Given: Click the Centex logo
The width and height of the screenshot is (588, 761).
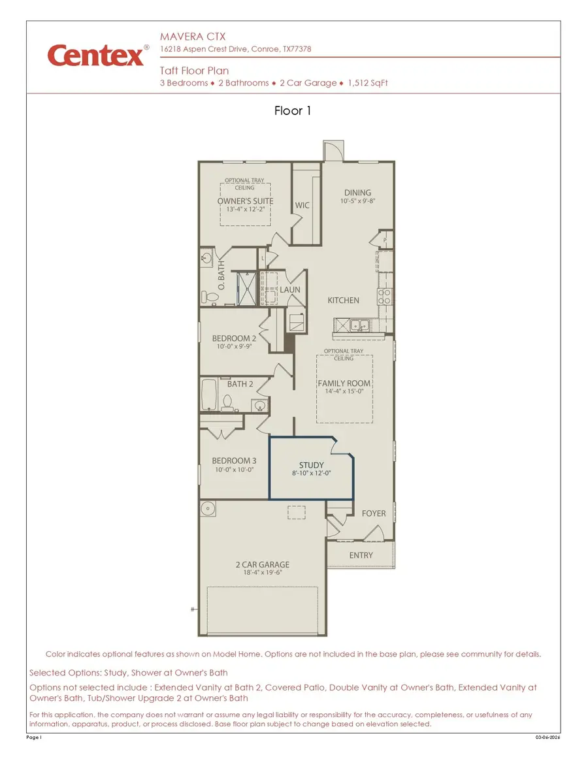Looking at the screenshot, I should pos(96,56).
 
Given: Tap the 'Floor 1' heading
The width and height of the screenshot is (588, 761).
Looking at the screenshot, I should pos(293,111).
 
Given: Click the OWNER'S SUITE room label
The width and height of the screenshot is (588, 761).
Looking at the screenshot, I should pos(245,201).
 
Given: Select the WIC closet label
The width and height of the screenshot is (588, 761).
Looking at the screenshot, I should pos(302,205).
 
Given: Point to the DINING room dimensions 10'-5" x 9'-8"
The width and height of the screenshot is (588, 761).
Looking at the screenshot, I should pos(357,202).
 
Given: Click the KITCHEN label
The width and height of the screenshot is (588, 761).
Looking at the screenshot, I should pos(343,300).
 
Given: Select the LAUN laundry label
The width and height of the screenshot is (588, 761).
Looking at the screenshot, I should pos(290,289).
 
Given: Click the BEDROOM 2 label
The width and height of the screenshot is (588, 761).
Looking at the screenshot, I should pos(234,338).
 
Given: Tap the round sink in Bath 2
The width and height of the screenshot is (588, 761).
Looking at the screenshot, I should pos(260,406).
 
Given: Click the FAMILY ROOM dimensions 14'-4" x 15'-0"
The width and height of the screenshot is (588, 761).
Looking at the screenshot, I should pos(344,392).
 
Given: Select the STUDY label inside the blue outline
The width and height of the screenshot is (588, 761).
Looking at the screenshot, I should pos(312,465).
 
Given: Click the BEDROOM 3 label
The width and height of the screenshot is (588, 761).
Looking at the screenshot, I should pos(234,461).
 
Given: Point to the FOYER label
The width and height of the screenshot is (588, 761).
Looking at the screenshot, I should pos(374,513).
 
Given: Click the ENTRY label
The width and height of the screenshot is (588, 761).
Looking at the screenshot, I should pos(361,555).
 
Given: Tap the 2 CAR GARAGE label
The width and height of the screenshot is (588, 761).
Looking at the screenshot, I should pos(263,564).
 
